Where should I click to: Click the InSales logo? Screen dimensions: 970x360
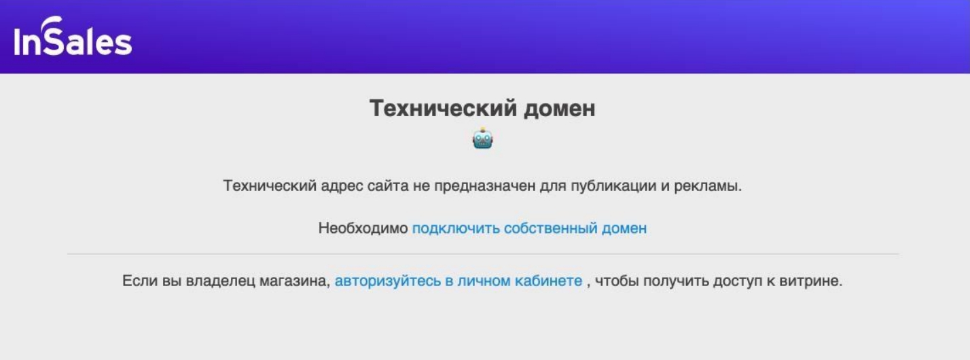73,37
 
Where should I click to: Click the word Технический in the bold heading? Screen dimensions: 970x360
443,108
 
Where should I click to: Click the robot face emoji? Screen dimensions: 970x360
482,139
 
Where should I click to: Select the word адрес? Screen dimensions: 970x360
342,186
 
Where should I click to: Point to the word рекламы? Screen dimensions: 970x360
708,186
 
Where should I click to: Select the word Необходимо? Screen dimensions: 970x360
363,228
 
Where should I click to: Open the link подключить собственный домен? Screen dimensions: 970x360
529,228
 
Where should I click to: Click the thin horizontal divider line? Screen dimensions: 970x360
483,254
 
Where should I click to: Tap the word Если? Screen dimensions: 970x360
140,281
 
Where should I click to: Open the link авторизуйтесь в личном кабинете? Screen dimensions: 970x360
459,281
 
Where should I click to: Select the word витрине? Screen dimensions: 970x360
810,281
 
